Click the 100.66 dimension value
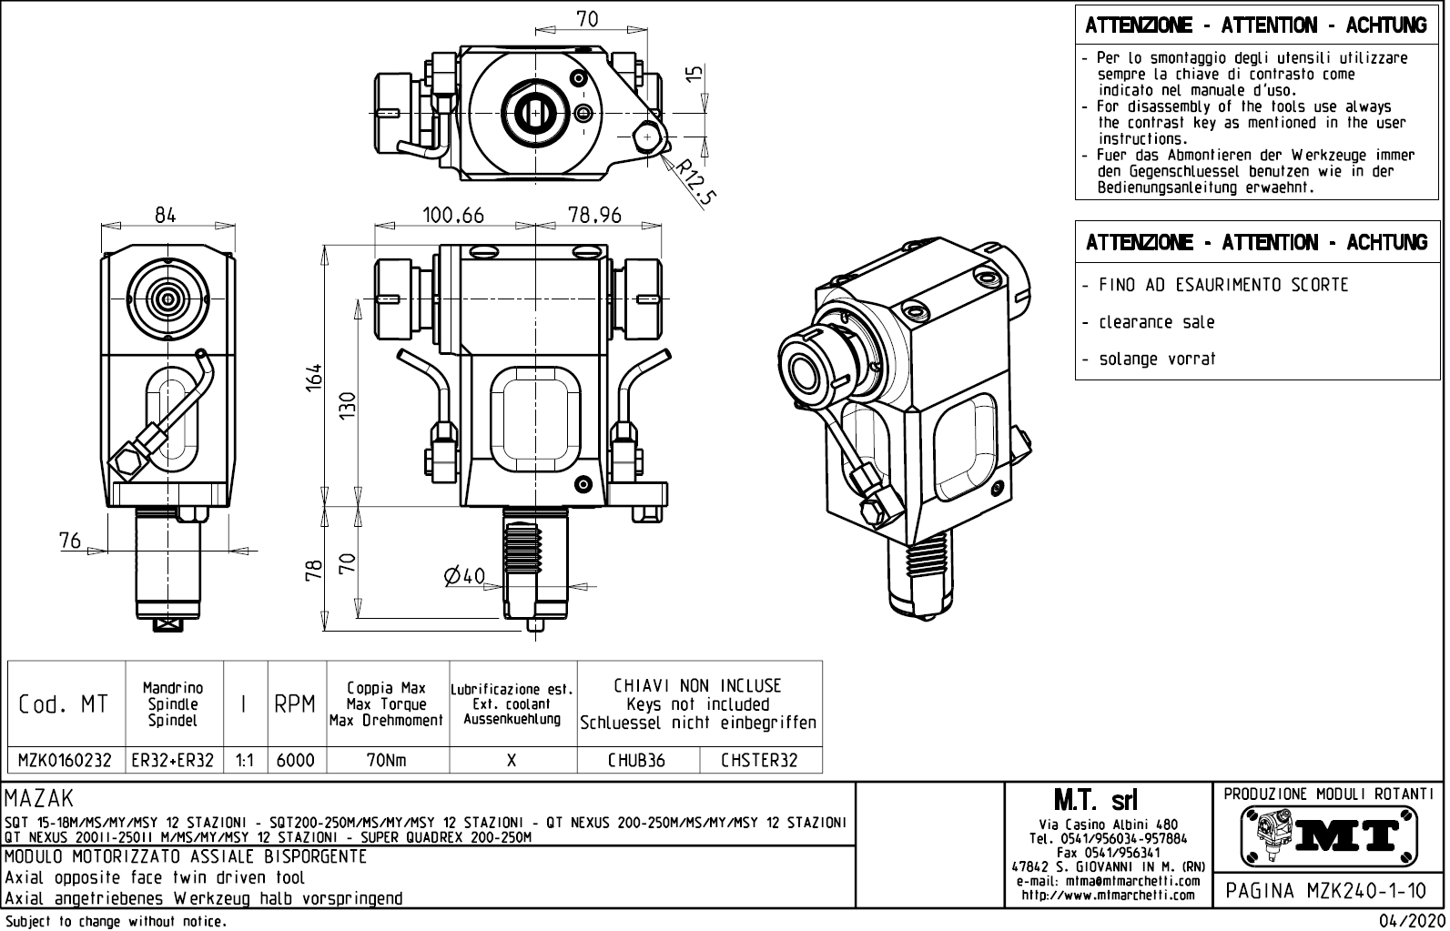pos(453,216)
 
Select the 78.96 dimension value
pos(593,216)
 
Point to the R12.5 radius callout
pos(694,182)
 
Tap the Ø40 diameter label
pos(464,576)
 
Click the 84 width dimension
pos(165,216)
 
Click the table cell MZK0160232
pos(66,761)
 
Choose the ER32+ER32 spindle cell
pos(173,761)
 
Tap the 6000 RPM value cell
pos(295,761)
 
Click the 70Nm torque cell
pos(386,761)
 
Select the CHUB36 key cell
pos(636,761)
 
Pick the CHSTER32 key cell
pos(759,761)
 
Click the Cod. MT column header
pos(64,704)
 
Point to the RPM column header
pos(295,704)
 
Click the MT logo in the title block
pos(1329,835)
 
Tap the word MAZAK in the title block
pos(39,800)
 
